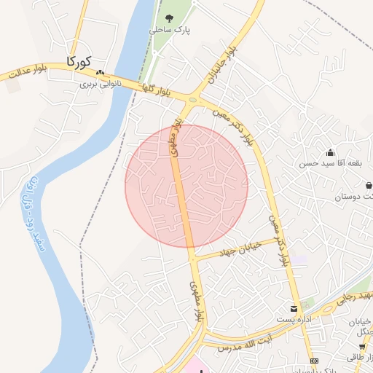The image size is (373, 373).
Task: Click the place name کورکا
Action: click(79, 61)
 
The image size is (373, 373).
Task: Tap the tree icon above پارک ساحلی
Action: click(169, 19)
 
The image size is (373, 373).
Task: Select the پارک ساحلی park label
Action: click(168, 31)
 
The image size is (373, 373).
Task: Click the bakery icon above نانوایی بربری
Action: click(100, 73)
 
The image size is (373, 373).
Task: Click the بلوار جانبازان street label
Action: click(220, 65)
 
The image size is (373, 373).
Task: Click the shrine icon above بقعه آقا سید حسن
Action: click(330, 153)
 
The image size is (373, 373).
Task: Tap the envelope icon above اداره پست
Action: click(294, 309)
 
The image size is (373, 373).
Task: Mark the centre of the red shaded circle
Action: click(186, 186)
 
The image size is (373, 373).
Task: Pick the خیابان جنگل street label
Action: click(362, 327)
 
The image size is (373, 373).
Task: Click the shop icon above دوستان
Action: click(369, 185)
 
